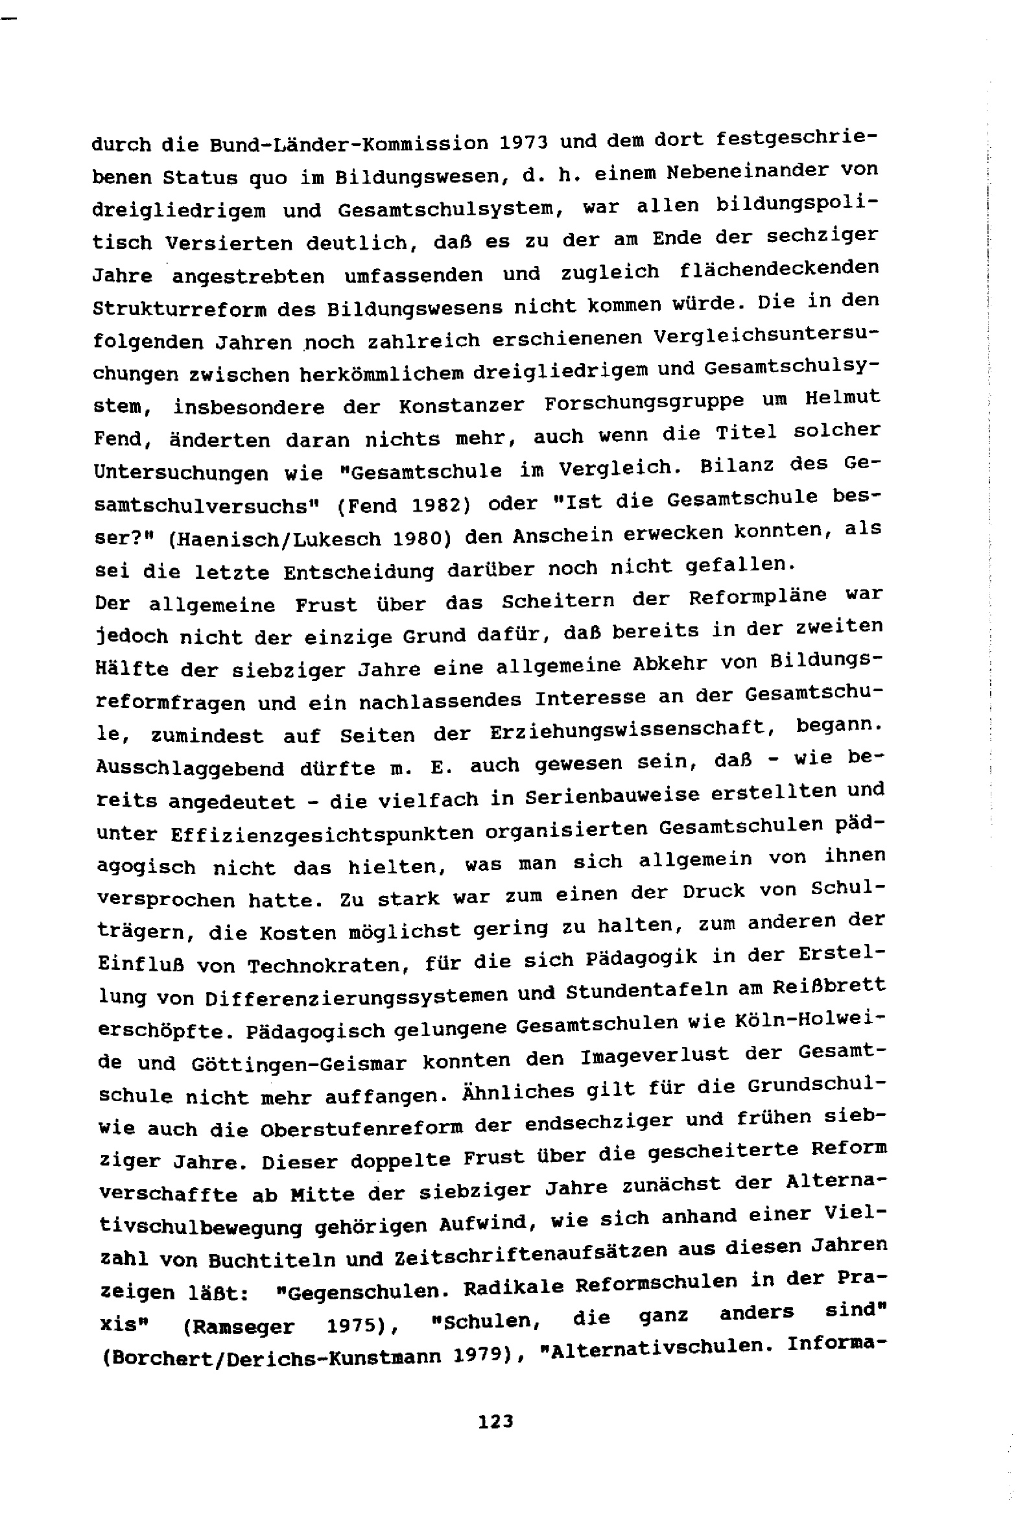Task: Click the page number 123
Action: pyautogui.click(x=495, y=1420)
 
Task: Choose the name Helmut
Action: pyautogui.click(x=842, y=397)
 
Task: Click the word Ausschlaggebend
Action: pyautogui.click(x=189, y=768)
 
